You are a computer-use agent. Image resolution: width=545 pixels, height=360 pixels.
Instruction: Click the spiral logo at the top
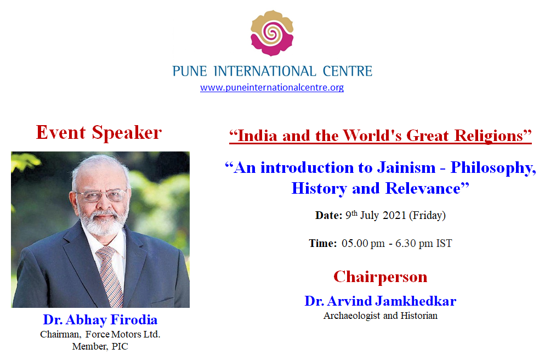click(x=272, y=33)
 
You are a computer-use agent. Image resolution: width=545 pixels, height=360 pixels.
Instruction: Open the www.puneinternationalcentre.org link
click(x=272, y=87)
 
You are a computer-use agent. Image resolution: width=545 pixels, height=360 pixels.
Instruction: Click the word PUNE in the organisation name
click(x=189, y=71)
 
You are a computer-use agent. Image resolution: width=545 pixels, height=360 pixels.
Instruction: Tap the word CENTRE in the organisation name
click(x=347, y=71)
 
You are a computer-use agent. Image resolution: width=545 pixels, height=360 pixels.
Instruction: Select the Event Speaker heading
click(x=99, y=132)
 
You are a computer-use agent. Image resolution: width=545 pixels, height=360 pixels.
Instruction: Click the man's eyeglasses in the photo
click(x=101, y=195)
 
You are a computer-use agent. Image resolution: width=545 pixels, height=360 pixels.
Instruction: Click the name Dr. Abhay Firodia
click(x=100, y=319)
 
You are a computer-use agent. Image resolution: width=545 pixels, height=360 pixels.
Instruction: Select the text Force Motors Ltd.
click(x=123, y=334)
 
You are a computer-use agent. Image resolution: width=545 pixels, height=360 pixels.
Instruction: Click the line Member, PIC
click(x=100, y=346)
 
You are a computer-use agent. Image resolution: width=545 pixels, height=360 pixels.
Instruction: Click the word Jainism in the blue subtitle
click(x=406, y=167)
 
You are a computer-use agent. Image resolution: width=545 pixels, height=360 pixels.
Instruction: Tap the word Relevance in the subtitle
click(x=423, y=189)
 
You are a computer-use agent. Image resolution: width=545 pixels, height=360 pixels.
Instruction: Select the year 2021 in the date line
click(x=394, y=215)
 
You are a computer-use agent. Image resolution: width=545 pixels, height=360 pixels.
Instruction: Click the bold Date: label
click(x=329, y=215)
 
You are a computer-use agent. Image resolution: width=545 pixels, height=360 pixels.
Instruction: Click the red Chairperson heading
click(x=381, y=277)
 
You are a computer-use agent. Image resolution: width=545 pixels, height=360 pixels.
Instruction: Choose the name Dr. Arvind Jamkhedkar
click(x=381, y=301)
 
